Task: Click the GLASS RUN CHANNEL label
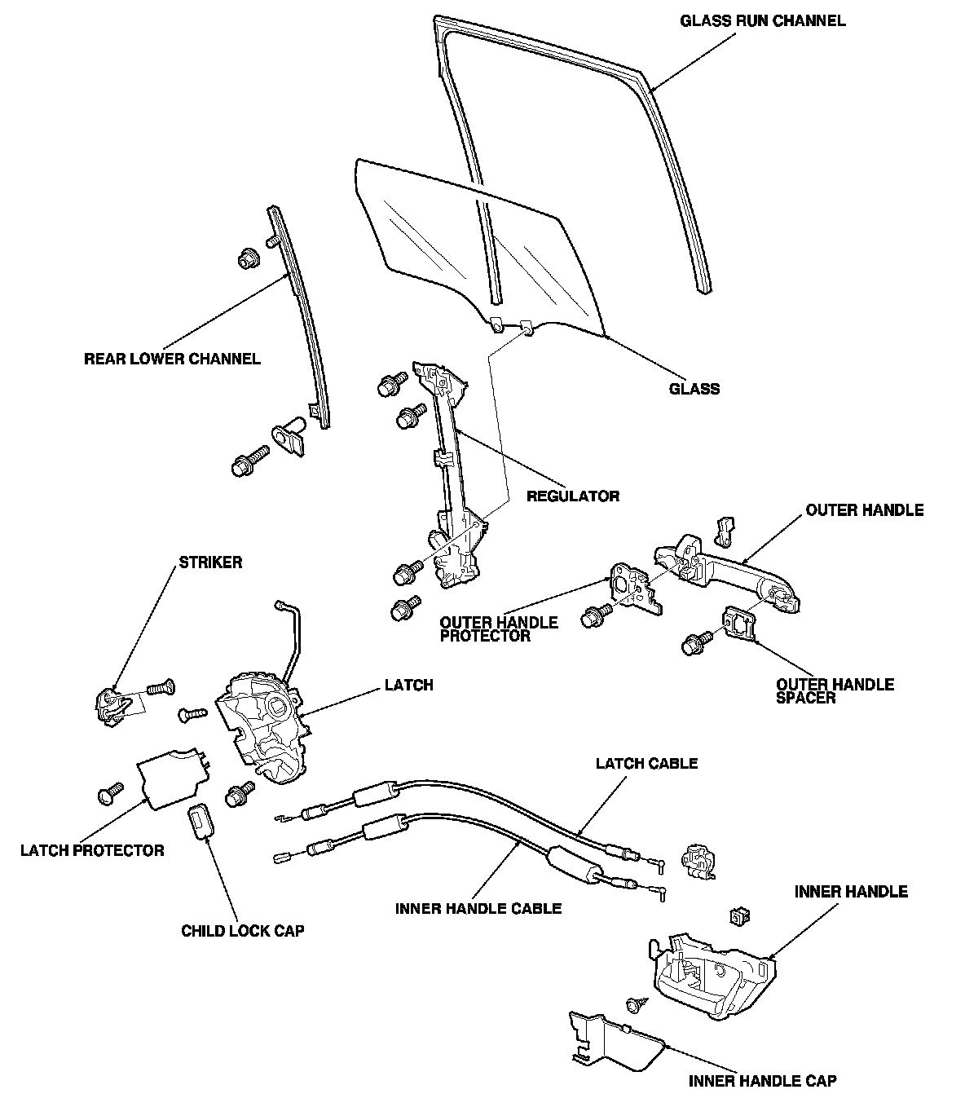pos(763,21)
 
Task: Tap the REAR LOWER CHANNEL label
pos(172,359)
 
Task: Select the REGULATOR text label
pos(573,496)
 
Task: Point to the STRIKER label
pos(210,562)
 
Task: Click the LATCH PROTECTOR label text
pos(92,850)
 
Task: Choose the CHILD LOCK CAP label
pos(242,931)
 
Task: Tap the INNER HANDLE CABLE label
pos(478,908)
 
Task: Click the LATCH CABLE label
pos(646,764)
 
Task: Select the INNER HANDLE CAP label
pos(762,1081)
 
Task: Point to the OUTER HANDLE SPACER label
pos(835,691)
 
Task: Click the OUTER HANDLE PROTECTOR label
pos(498,628)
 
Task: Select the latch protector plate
pos(173,778)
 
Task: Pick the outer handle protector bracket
pos(634,589)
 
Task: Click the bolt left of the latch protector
pos(110,793)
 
